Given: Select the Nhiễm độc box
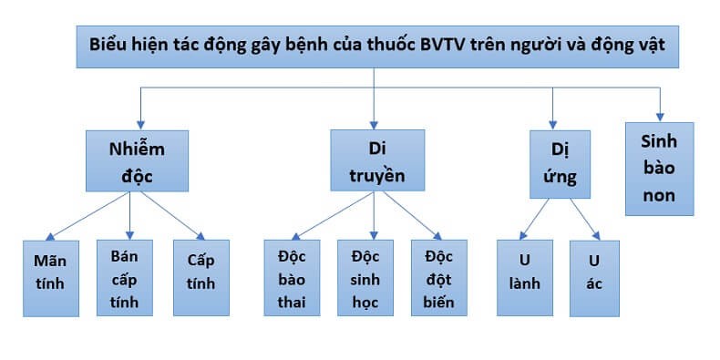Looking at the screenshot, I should (x=137, y=159).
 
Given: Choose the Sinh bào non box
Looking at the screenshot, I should (x=658, y=168).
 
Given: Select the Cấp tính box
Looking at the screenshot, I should (x=201, y=273).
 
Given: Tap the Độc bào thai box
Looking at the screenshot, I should (x=292, y=277).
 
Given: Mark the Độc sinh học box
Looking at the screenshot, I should (x=365, y=277).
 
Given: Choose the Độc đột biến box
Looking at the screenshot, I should (x=438, y=277).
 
